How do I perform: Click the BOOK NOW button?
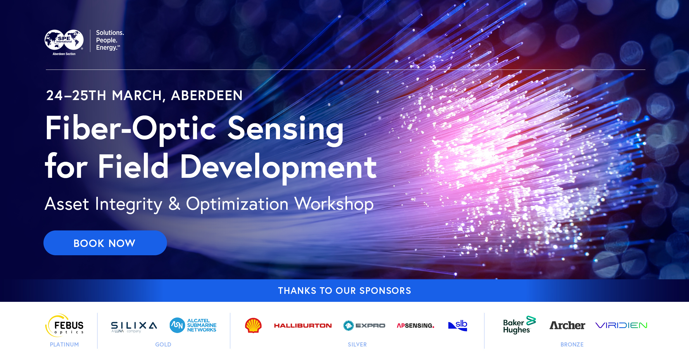coord(105,243)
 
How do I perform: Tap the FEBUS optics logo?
coord(64,325)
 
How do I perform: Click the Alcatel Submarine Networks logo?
coord(193,325)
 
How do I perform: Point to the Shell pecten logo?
coord(253,325)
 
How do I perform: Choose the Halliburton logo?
coord(303,326)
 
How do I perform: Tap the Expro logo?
coord(364,326)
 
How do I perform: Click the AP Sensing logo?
coord(415,326)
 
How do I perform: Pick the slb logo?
coord(458,325)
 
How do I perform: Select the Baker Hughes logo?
coord(519,325)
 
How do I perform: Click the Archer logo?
coord(567,325)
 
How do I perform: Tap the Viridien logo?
coord(621,326)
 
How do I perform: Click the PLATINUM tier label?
coord(64,345)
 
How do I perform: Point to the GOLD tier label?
coord(163,345)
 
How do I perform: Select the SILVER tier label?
coord(357,345)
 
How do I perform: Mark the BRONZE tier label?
coord(572,345)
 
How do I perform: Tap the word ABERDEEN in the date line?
coord(207,96)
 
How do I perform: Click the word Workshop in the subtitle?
coord(334,204)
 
